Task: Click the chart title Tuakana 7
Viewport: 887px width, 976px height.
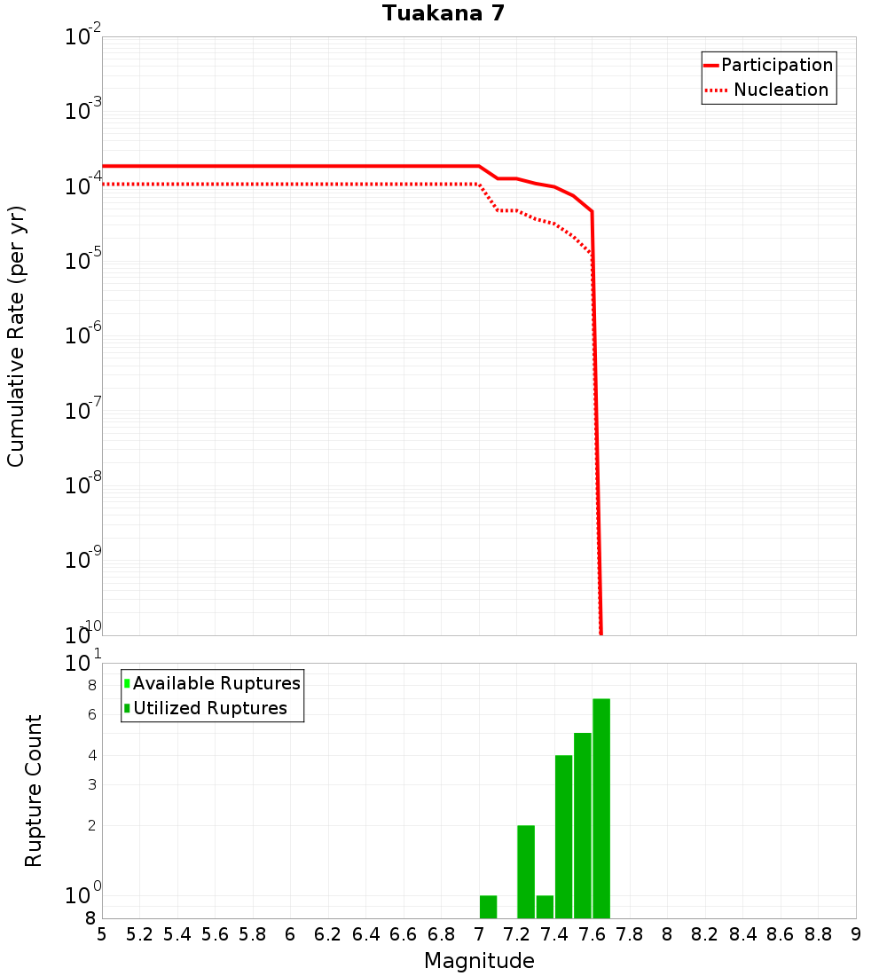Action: coord(443,13)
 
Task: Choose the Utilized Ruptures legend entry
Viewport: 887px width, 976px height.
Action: coord(209,708)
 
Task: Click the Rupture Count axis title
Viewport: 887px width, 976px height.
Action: coord(34,790)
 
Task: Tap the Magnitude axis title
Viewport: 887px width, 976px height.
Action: coord(479,961)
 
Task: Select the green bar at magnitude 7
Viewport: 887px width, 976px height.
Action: coord(488,907)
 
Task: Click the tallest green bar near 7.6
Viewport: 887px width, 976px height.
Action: coord(601,807)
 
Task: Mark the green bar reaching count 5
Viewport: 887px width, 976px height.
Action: coord(582,825)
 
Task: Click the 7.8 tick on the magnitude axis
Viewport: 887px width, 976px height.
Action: coord(630,934)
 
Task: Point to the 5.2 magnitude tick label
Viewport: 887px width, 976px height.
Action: coord(139,934)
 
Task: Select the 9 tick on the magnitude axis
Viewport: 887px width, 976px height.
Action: coord(855,934)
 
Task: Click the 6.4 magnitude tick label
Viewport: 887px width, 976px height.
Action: coord(366,934)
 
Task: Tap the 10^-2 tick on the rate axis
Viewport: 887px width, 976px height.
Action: coord(83,37)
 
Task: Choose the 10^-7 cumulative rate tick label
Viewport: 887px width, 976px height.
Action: coord(83,411)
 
